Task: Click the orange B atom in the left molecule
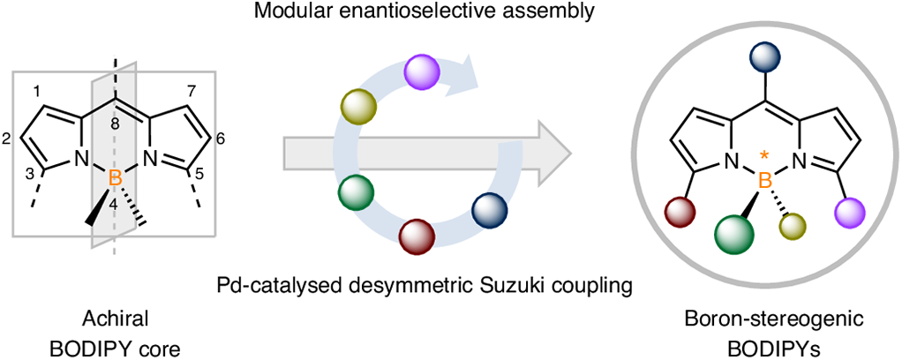115,179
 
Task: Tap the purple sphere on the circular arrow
423,71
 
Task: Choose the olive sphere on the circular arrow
358,106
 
